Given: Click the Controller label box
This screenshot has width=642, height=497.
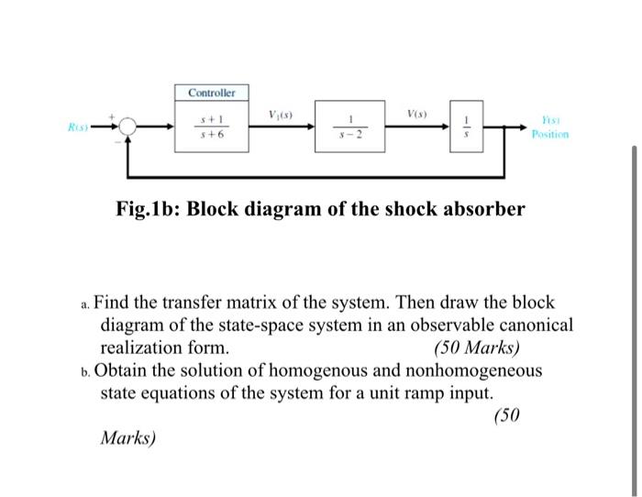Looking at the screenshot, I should tap(212, 94).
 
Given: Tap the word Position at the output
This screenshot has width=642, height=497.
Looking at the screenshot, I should tap(549, 134).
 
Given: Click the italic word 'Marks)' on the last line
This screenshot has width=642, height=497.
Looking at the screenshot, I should tap(128, 438).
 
